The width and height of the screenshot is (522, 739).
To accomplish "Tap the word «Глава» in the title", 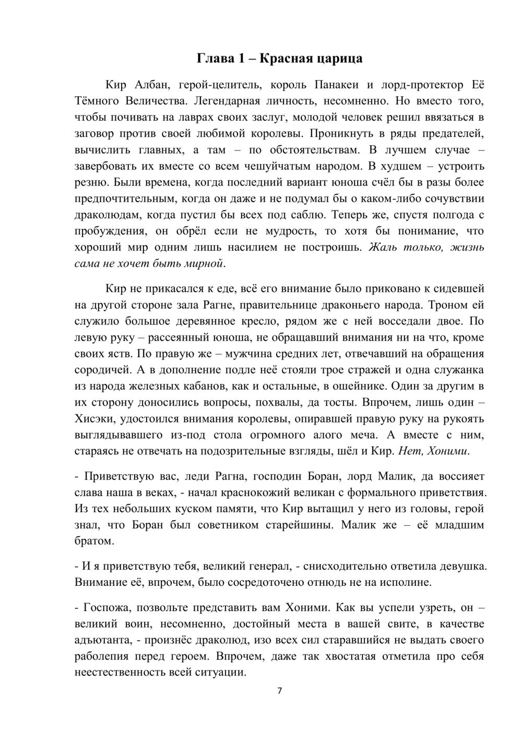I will tap(214, 59).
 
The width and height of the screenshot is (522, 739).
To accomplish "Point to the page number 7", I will tap(279, 691).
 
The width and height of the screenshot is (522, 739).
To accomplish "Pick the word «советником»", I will tap(221, 525).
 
